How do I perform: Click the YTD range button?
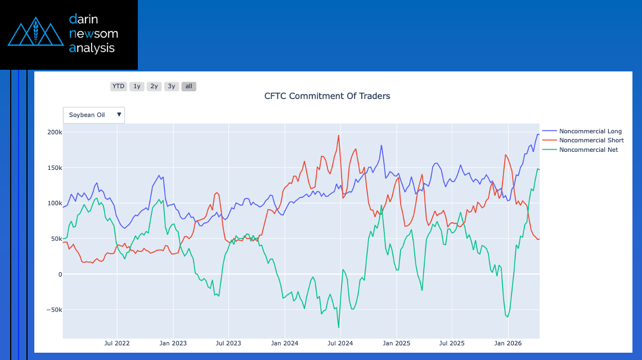coord(118,87)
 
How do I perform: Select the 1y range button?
coord(137,87)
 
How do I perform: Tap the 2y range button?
coord(154,87)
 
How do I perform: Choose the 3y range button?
coord(172,87)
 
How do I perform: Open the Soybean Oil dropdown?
coord(94,115)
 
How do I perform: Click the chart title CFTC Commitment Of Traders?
coord(327,96)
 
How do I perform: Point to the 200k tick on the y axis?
coord(55,132)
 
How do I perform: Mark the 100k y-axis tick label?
coord(55,203)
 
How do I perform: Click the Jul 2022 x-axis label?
coord(117,343)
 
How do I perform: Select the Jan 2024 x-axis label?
coord(284,343)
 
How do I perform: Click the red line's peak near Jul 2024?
coord(339,135)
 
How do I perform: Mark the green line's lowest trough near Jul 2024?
coord(339,327)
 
